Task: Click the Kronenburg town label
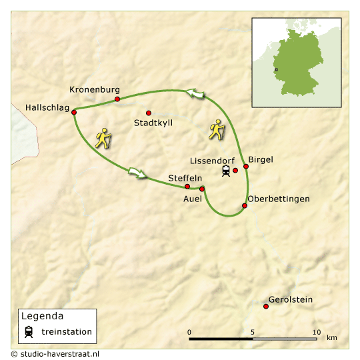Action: [94, 89]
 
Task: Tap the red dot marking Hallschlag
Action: [74, 112]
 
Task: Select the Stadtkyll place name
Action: [153, 123]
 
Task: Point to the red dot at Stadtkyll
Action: [148, 113]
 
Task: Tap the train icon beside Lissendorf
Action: [226, 171]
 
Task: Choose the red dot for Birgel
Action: [246, 167]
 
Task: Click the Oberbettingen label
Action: [278, 199]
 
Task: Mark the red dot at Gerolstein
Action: [266, 307]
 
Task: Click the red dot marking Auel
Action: [202, 189]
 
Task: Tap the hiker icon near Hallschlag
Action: [103, 138]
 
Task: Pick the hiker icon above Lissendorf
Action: [217, 129]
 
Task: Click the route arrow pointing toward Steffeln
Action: [137, 173]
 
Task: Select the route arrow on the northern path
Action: [195, 95]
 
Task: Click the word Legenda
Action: [43, 316]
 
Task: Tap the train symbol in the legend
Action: [29, 331]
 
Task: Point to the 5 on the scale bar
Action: [253, 332]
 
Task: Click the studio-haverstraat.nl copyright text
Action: [55, 354]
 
